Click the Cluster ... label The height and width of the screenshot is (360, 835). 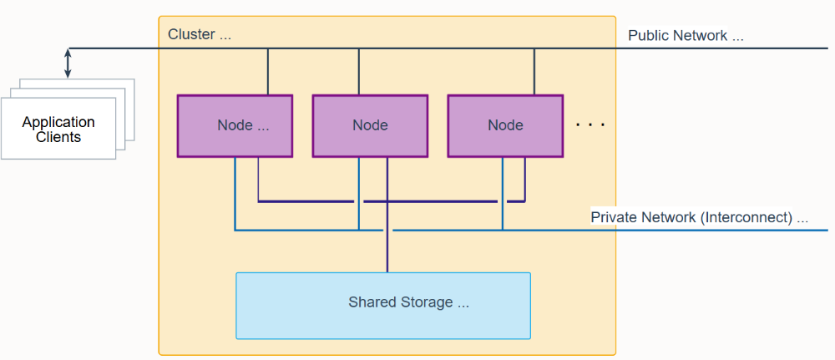pos(200,34)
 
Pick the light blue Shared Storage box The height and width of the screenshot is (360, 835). pos(383,306)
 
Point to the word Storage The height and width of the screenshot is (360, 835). pos(428,302)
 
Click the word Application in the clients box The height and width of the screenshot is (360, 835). pos(58,122)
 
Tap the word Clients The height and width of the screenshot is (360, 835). pos(58,137)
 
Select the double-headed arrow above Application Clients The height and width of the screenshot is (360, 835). pos(68,63)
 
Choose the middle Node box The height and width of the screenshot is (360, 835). pos(370,125)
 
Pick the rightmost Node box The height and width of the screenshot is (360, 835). pos(505,125)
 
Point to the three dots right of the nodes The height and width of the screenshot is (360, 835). pos(590,125)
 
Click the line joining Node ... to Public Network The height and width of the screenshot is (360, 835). pos(268,72)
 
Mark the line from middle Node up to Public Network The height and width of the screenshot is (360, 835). pos(358,72)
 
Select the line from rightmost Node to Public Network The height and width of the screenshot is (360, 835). pos(534,72)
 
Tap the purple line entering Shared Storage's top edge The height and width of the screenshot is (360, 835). pos(387,215)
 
